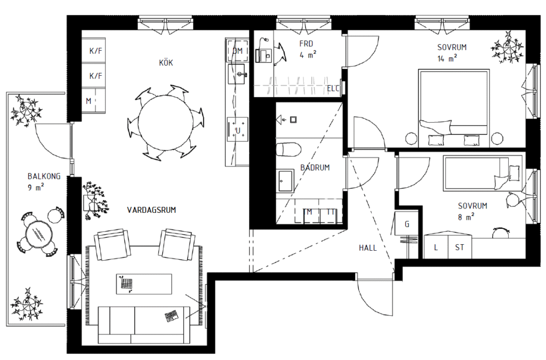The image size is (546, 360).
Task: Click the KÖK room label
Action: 166,63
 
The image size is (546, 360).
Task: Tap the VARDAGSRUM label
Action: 151,210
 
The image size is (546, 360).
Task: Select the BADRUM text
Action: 315,167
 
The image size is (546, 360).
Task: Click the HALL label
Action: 368,248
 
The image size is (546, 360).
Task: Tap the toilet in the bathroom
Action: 288,149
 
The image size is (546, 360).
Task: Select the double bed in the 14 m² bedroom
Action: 454,108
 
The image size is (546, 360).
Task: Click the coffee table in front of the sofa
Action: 144,284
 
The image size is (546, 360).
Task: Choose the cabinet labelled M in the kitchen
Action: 93,101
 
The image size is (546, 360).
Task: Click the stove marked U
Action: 238,130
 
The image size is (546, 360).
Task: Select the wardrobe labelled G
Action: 407,223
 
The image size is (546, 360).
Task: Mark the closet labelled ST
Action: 460,247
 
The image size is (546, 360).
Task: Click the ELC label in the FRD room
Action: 333,89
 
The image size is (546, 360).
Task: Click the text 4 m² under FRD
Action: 308,54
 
